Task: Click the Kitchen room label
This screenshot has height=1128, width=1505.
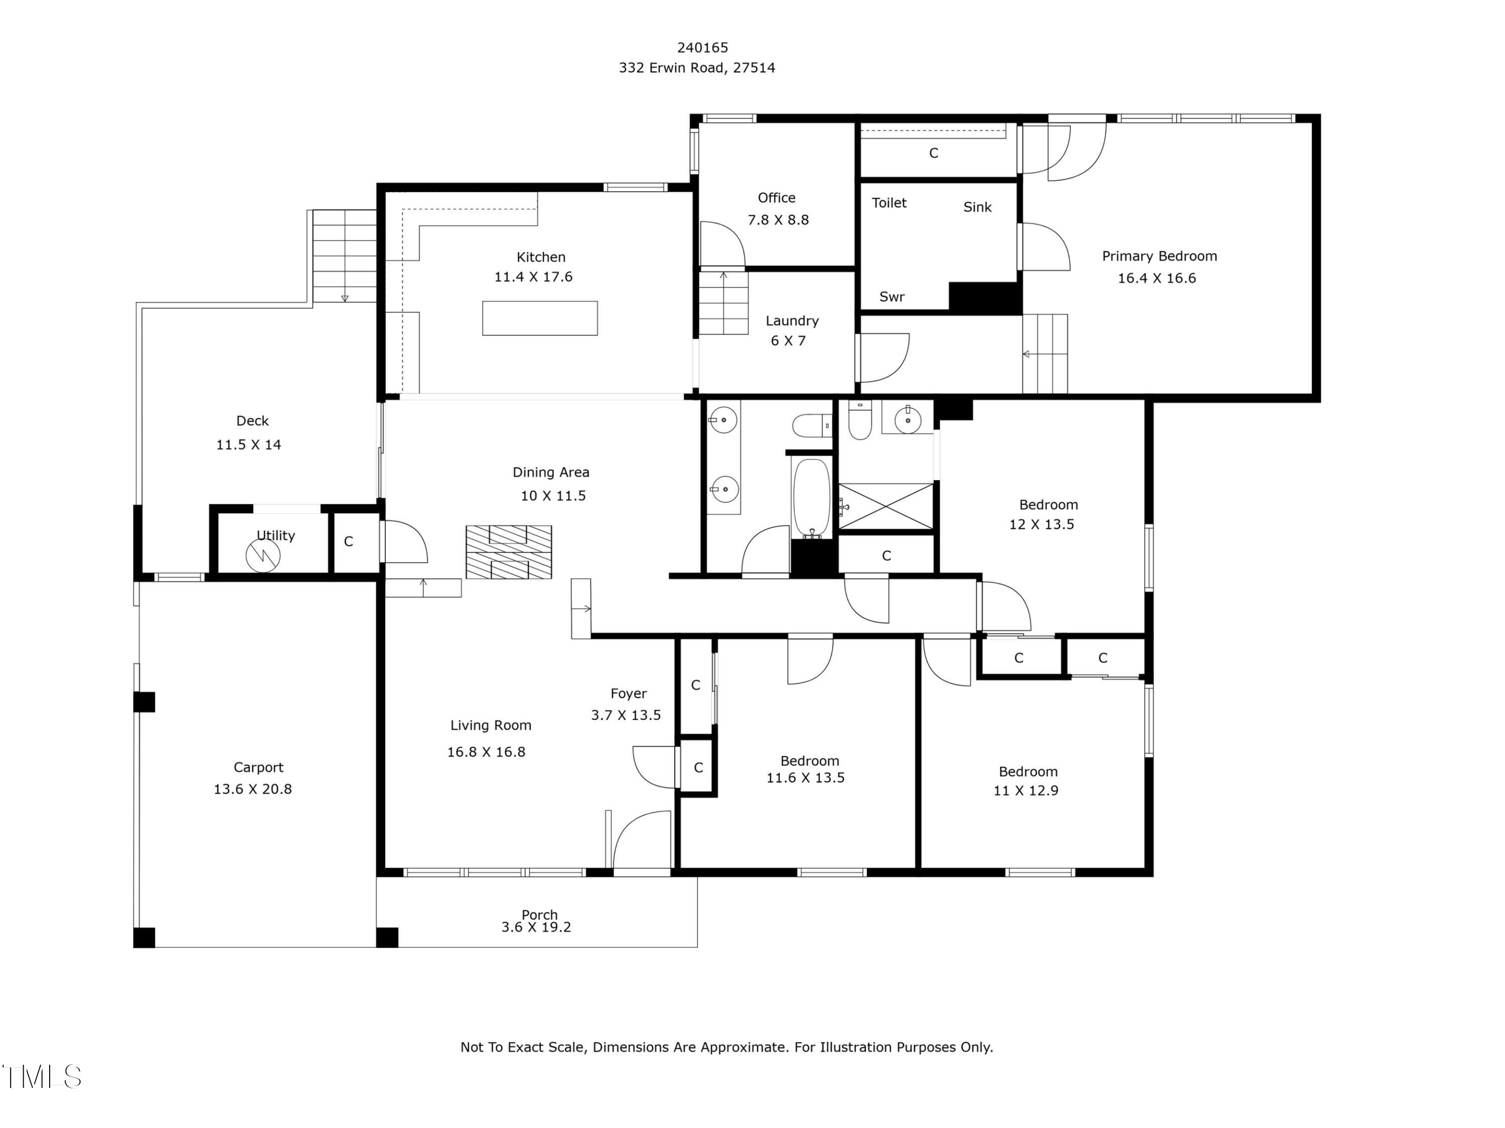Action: pyautogui.click(x=541, y=257)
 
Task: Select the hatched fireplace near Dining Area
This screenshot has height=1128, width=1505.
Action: pyautogui.click(x=509, y=552)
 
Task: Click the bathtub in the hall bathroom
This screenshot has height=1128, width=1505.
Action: pyautogui.click(x=812, y=498)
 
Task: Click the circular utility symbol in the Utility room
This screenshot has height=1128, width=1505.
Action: pyautogui.click(x=263, y=556)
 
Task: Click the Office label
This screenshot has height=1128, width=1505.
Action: pyautogui.click(x=776, y=198)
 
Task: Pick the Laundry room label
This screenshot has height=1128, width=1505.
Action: pyautogui.click(x=792, y=321)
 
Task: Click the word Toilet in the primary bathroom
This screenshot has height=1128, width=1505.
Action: pyautogui.click(x=889, y=203)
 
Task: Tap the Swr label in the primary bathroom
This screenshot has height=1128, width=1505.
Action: pyautogui.click(x=892, y=297)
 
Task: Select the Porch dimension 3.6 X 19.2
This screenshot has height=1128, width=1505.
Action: pyautogui.click(x=536, y=927)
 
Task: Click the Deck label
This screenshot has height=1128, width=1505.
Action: pyautogui.click(x=252, y=421)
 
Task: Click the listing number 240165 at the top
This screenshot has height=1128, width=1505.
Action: pyautogui.click(x=702, y=48)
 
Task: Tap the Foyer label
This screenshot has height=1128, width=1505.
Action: pyautogui.click(x=628, y=694)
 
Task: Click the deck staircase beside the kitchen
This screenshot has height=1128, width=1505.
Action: pyautogui.click(x=344, y=256)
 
